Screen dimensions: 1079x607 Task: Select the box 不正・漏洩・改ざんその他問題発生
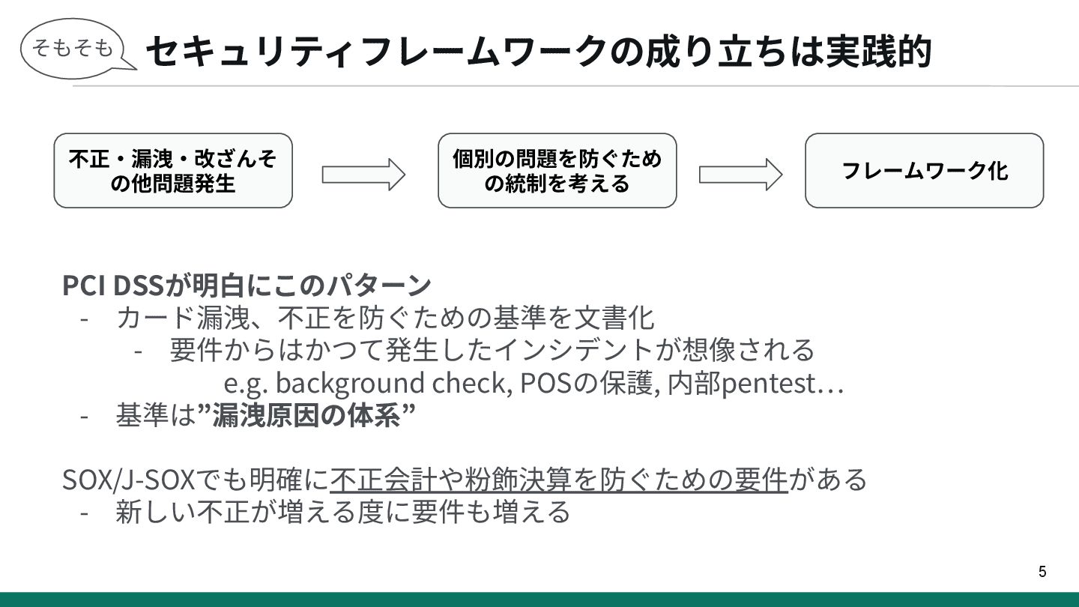coord(173,171)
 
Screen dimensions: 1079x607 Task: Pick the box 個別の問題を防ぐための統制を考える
coord(557,171)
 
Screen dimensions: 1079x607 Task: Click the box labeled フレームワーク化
coord(924,171)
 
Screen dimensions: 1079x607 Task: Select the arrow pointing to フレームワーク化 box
coord(740,175)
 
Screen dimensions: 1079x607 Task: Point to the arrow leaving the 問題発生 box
coord(363,175)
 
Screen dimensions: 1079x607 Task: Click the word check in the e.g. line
coord(472,383)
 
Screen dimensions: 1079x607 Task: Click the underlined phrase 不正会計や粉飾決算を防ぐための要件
coord(558,479)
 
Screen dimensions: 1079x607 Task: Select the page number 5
coord(1042,572)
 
